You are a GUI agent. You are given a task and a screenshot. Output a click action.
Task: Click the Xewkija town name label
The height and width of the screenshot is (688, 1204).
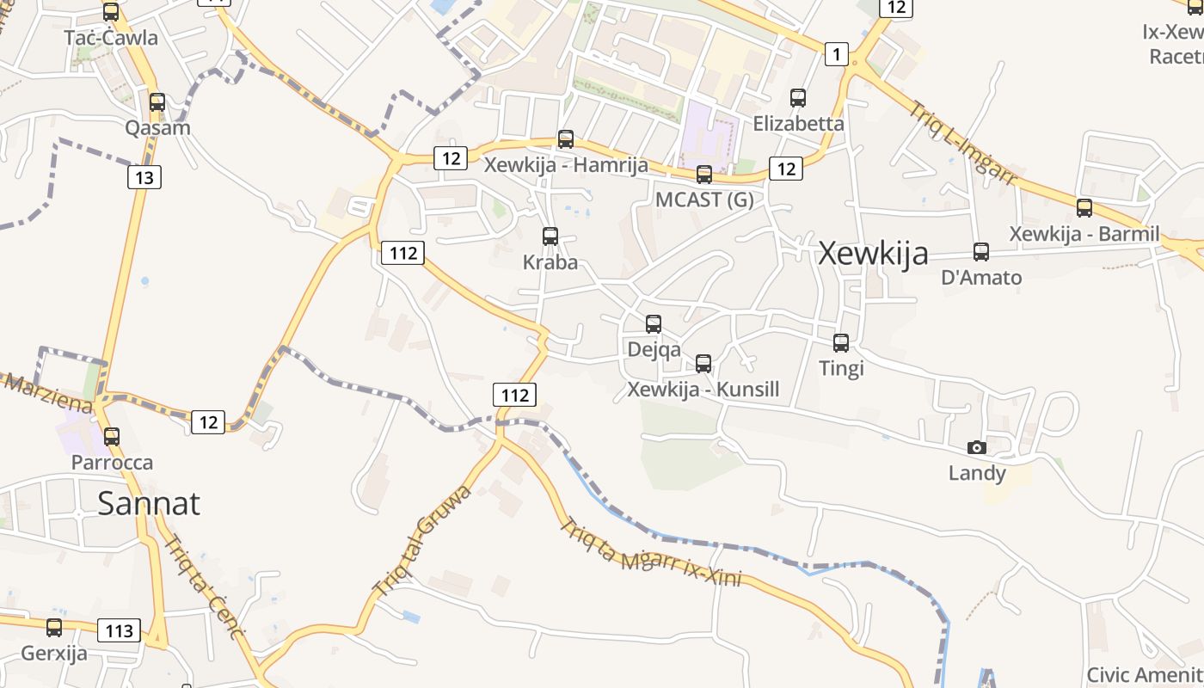tap(873, 254)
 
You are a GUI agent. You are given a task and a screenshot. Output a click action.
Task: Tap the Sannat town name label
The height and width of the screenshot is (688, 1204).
tap(148, 503)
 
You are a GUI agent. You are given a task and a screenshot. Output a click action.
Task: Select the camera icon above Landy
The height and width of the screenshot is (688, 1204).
tap(976, 447)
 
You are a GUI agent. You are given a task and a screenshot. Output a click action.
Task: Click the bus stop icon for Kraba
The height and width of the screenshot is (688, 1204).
tap(550, 236)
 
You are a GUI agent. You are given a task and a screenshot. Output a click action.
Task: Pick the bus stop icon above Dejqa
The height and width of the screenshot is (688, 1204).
tap(654, 323)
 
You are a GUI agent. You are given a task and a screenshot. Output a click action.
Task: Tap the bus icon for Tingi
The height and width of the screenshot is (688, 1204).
tap(841, 342)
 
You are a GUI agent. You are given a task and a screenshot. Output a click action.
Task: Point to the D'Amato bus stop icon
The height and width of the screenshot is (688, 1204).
tap(981, 252)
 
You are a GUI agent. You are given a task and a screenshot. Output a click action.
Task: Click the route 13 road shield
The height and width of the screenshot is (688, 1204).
tap(144, 177)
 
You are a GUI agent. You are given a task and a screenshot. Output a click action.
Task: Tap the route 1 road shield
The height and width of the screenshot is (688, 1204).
tap(836, 54)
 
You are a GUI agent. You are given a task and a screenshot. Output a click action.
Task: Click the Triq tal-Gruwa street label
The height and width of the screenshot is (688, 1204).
tap(423, 540)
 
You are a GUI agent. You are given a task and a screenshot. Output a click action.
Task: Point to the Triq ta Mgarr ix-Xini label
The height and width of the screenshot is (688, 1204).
tap(650, 551)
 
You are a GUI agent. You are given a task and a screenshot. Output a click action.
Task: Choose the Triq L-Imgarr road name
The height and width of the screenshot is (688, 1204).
tap(963, 142)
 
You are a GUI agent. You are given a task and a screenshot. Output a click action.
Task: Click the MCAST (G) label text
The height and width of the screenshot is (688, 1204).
tap(704, 200)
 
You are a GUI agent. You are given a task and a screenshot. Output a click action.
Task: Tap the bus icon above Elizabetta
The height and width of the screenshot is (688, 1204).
tap(798, 98)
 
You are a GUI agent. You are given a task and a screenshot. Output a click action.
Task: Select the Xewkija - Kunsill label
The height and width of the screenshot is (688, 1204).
tap(703, 390)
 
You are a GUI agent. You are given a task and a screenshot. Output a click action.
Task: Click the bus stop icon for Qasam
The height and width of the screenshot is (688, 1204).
tap(157, 102)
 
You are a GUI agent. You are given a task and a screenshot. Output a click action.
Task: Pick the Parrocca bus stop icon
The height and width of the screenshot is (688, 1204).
tap(112, 436)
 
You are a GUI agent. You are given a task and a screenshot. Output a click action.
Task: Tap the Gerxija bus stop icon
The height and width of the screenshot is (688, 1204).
tap(54, 628)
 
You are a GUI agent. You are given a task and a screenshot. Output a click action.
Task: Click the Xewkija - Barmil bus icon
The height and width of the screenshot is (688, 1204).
tap(1084, 207)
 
